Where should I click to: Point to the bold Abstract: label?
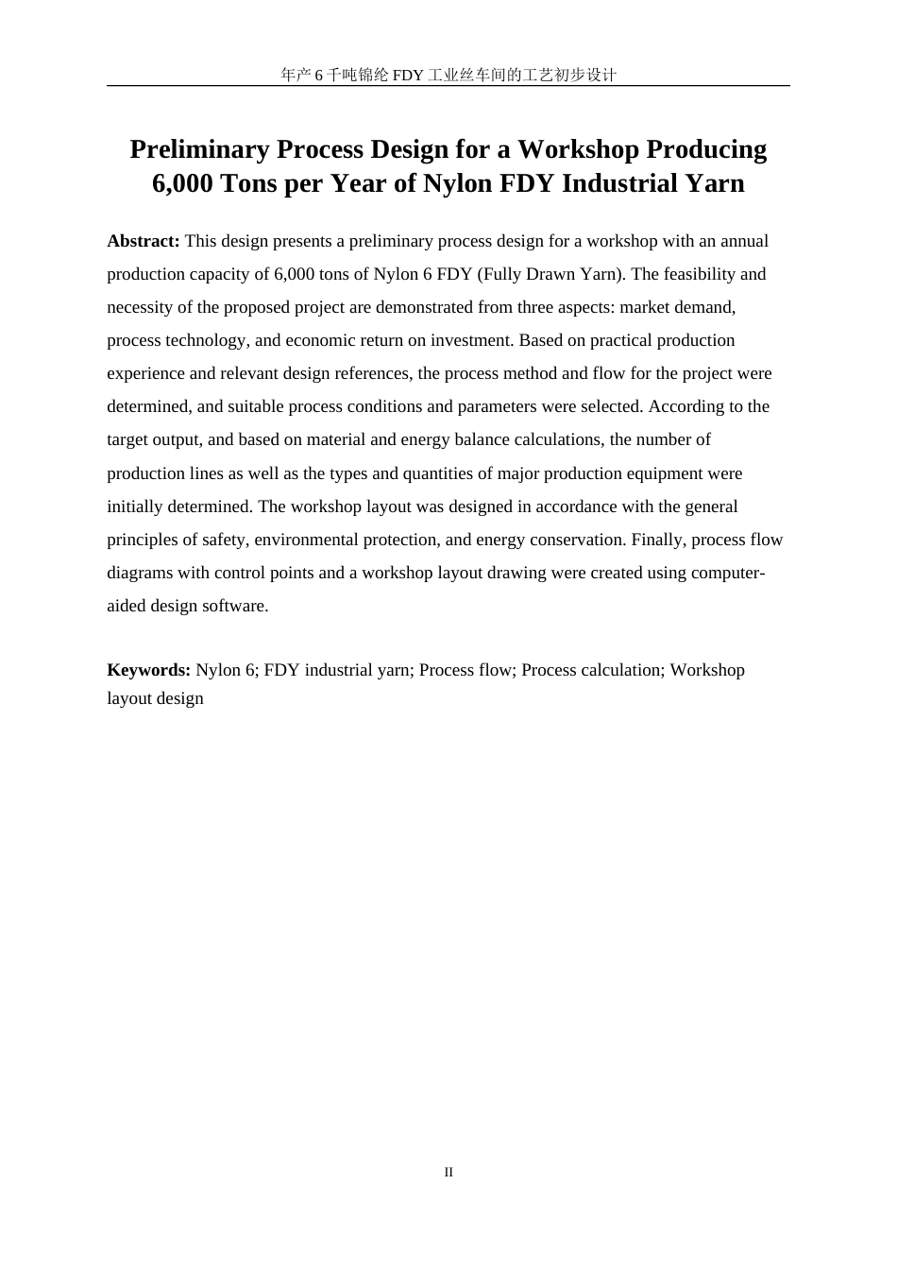pos(144,241)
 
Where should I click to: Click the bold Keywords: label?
pos(148,670)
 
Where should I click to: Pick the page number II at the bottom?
pos(448,1172)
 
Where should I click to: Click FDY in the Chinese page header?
pos(408,75)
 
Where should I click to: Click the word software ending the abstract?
pos(235,606)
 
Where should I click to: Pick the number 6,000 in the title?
pos(183,182)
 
